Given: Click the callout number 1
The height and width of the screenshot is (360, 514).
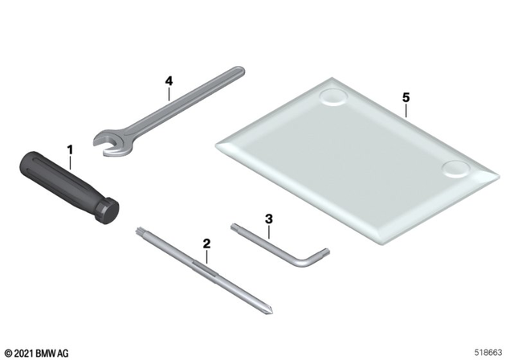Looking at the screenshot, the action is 70,150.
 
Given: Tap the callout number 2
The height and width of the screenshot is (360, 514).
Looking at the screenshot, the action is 206,243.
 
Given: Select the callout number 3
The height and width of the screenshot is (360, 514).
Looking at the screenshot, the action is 269,219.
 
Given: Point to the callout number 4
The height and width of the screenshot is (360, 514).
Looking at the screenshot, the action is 169,80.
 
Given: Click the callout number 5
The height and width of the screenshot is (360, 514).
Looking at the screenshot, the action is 406,97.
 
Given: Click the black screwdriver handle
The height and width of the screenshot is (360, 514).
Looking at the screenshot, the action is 69,187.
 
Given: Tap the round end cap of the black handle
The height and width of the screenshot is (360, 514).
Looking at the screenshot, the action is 110,212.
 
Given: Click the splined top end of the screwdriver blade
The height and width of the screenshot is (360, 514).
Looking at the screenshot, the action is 139,232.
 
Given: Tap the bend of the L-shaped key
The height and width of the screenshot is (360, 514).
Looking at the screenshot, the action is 305,261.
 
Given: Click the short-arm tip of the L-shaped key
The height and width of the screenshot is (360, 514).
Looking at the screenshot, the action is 326,252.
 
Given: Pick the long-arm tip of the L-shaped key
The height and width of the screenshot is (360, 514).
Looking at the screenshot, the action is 234,227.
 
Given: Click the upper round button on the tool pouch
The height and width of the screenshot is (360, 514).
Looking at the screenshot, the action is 333,96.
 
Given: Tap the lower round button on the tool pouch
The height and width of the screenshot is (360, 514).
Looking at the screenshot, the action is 455,170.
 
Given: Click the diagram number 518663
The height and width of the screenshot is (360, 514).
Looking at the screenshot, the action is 488,353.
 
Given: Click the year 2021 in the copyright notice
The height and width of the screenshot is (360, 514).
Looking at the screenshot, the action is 23,354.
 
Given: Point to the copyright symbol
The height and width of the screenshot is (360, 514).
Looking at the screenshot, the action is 9,354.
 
